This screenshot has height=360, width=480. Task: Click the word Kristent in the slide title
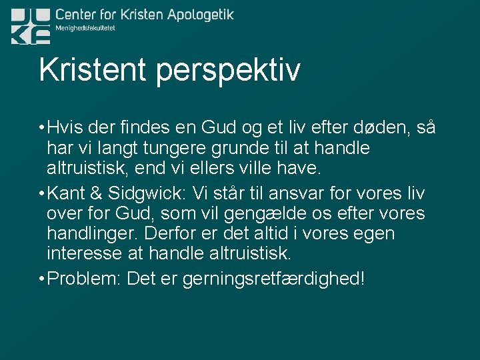pyautogui.click(x=93, y=70)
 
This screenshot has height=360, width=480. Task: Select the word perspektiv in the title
pyautogui.click(x=228, y=72)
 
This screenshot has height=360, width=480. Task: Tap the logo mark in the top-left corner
pyautogui.click(x=30, y=26)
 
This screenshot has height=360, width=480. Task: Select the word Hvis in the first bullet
pyautogui.click(x=67, y=127)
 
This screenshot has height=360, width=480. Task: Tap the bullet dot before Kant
pyautogui.click(x=41, y=194)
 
